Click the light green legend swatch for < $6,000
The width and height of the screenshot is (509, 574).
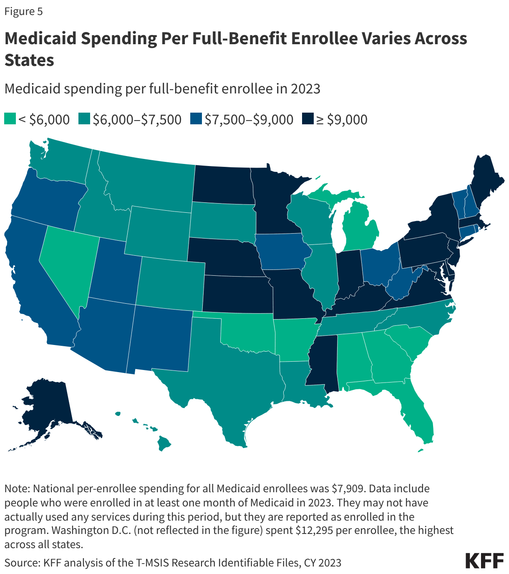coord(10,119)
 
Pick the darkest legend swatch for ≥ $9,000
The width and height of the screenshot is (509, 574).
coord(307,119)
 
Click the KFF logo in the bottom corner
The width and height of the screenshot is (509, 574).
coord(484,561)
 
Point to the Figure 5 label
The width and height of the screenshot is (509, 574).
coord(23,11)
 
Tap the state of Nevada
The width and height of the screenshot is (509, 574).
coord(69,263)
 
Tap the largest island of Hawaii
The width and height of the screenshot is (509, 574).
coord(164,443)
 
